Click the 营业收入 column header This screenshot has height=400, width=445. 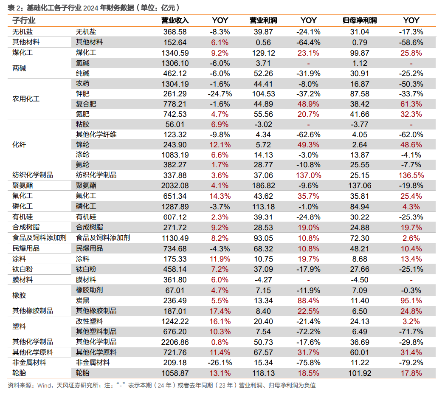pyautogui.click(x=175, y=20)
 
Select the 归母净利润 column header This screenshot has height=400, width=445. pyautogui.click(x=360, y=20)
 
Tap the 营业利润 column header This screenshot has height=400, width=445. pyautogui.click(x=263, y=20)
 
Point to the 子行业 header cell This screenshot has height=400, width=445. pyautogui.click(x=24, y=20)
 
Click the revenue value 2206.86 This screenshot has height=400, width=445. pyautogui.click(x=175, y=342)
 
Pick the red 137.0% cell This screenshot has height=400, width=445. pyautogui.click(x=309, y=175)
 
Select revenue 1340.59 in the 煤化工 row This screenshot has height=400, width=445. pyautogui.click(x=175, y=53)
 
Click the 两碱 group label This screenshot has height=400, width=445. pyautogui.click(x=19, y=68)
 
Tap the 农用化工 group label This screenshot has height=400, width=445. pyautogui.click(x=26, y=99)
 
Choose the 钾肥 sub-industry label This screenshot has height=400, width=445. pyautogui.click(x=82, y=94)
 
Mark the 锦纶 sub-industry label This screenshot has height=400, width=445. pyautogui.click(x=82, y=144)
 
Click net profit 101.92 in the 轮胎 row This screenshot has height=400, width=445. pyautogui.click(x=360, y=373)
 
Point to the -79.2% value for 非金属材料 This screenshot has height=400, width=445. pyautogui.click(x=411, y=363)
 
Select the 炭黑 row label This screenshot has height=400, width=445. pyautogui.click(x=82, y=300)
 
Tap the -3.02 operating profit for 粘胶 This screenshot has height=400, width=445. pyautogui.click(x=263, y=124)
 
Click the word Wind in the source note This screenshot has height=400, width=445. pyautogui.click(x=44, y=385)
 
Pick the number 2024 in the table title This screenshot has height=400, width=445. pyautogui.click(x=91, y=8)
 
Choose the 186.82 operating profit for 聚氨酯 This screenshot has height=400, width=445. pyautogui.click(x=263, y=186)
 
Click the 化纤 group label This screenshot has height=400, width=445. pyautogui.click(x=19, y=144)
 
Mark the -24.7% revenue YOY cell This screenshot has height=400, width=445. pyautogui.click(x=220, y=94)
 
